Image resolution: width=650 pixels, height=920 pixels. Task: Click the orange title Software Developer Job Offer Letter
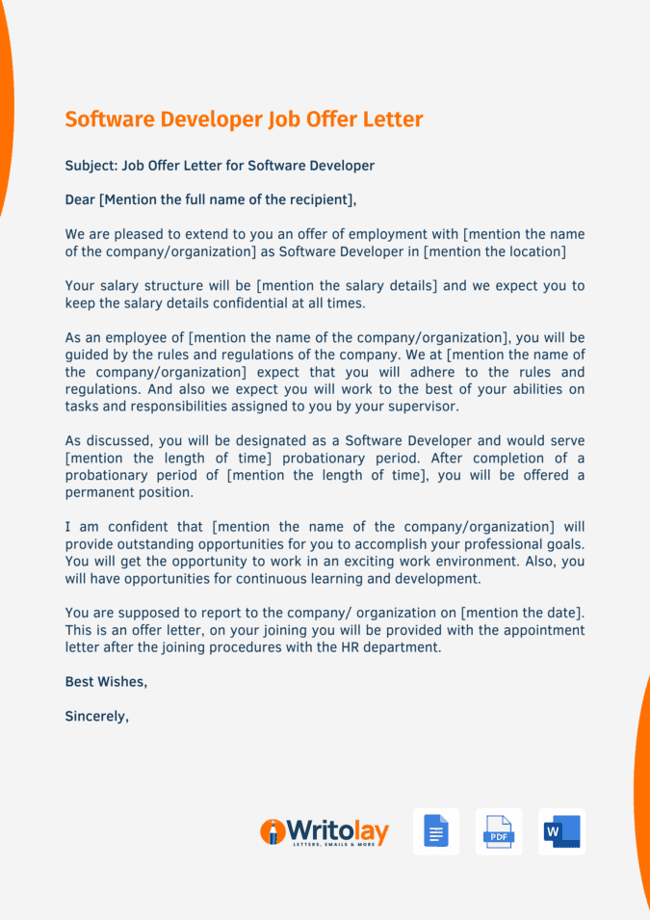click(244, 119)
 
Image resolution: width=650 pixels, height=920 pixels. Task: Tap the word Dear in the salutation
click(80, 200)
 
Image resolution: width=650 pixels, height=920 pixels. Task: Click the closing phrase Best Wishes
click(106, 682)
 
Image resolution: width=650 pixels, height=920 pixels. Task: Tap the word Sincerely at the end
click(96, 717)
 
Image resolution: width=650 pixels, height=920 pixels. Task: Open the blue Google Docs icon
click(436, 831)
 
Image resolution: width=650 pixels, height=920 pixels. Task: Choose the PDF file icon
click(499, 831)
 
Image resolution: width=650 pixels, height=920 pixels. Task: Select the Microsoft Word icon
click(561, 831)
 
